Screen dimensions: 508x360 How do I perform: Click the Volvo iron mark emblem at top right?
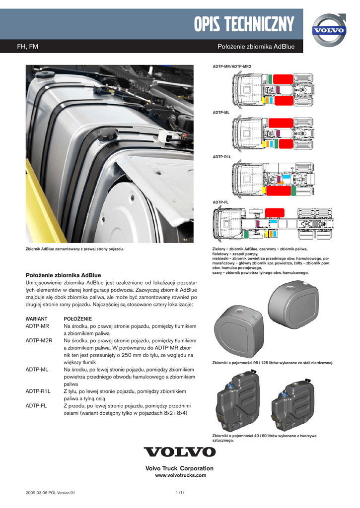328,30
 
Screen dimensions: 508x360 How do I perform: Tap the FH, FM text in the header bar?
28,47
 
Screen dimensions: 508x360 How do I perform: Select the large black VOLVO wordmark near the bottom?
180,452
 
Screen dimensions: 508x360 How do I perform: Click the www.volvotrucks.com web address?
179,475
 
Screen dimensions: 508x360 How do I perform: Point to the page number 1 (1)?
180,492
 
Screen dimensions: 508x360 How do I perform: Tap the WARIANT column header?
36,318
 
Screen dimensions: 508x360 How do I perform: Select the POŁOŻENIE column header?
78,318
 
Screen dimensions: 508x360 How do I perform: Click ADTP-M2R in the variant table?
39,340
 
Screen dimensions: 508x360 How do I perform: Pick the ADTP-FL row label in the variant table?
36,405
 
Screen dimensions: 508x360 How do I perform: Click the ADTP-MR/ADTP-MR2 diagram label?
232,66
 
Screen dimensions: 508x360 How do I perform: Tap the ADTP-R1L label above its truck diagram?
222,157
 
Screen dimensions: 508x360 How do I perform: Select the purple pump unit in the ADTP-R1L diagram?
279,178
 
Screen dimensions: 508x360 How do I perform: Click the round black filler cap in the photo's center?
107,134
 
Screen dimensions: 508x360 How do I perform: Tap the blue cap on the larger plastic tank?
230,387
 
